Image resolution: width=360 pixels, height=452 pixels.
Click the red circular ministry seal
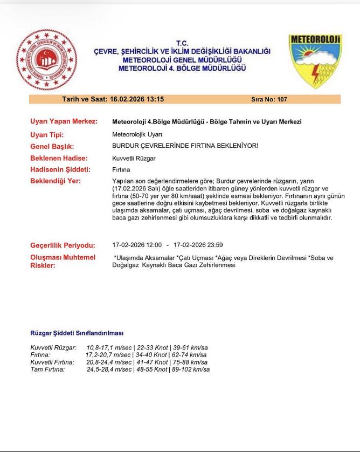[x=46, y=60]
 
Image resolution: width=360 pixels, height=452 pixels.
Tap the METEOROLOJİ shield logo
[x=315, y=60]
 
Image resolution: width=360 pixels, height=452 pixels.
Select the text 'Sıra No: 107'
[x=269, y=99]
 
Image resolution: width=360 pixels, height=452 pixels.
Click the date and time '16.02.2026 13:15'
[x=137, y=99]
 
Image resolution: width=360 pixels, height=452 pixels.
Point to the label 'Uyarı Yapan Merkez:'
[x=64, y=121]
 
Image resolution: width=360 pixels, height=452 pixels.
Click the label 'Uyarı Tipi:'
[x=47, y=134]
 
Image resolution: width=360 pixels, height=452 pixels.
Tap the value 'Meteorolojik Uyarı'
[x=137, y=134]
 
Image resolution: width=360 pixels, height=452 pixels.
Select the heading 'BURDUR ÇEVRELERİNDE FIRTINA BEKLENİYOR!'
[x=185, y=146]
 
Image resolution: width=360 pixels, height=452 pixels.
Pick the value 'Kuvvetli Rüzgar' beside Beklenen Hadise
[x=134, y=158]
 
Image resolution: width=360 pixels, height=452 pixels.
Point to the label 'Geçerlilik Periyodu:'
[x=63, y=245]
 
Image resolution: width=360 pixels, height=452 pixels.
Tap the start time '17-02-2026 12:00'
[x=137, y=245]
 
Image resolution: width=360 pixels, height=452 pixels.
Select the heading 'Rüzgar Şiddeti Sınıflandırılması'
[x=77, y=333]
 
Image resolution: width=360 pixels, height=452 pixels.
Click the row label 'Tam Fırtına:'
[x=47, y=369]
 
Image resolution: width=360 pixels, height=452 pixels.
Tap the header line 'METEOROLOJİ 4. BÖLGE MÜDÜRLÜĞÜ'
[x=182, y=69]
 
